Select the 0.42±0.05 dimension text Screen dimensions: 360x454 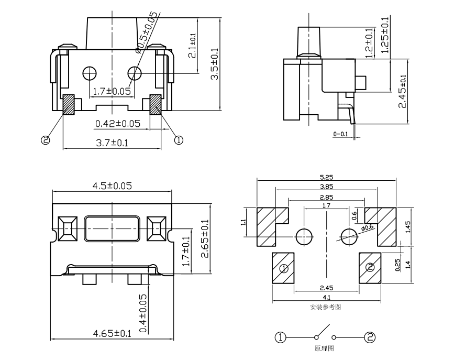coord(117,124)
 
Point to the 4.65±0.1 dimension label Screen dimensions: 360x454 coord(112,333)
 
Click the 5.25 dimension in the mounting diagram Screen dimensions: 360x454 coord(326,177)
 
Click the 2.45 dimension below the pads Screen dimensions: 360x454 coord(326,288)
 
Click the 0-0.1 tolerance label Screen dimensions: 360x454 coord(340,134)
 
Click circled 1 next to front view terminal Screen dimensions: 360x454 coord(178,140)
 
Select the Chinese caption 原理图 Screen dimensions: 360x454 coord(324,348)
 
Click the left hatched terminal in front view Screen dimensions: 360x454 coord(69,105)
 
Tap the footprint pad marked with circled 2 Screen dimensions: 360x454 coord(370,267)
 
